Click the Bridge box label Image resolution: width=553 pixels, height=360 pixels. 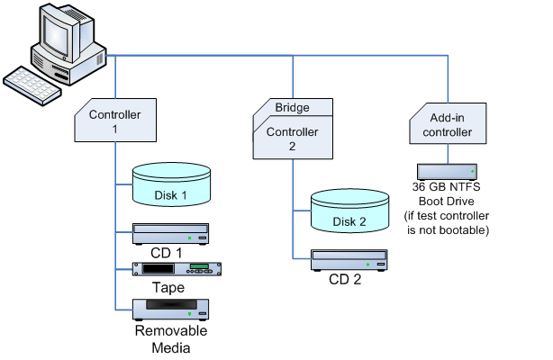coord(292,108)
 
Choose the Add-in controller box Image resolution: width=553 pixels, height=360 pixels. coord(448,124)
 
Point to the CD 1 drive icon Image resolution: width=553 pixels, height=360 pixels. coord(171,233)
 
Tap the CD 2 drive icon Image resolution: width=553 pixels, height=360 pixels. coord(349,261)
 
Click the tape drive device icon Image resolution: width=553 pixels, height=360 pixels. coord(177,269)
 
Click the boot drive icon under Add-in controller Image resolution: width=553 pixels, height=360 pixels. coord(448,170)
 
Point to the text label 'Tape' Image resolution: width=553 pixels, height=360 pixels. coord(168,288)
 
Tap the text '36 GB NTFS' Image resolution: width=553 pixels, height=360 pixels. coord(448,187)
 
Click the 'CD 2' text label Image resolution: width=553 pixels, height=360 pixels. coord(345,280)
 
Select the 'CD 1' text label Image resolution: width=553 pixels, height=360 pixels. coord(167,253)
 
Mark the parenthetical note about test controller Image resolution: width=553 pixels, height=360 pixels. coord(448,224)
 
